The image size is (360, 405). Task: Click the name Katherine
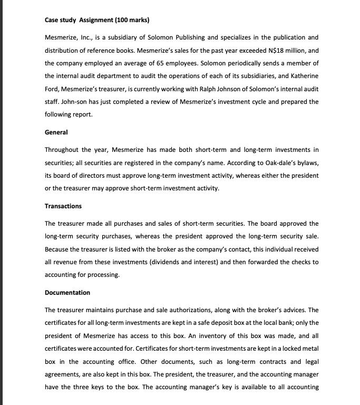pyautogui.click(x=303, y=76)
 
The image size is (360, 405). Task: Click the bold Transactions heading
pyautogui.click(x=63, y=206)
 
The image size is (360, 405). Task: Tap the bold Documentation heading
pyautogui.click(x=67, y=292)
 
